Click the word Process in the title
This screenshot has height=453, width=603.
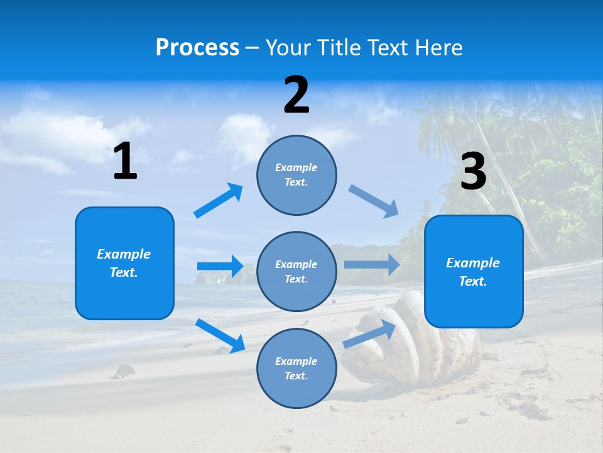pos(197,48)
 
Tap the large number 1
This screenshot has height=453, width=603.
pos(125,161)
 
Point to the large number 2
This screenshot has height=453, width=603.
pos(296,94)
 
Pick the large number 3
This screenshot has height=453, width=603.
pos(473,172)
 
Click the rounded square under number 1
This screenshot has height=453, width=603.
pos(124,263)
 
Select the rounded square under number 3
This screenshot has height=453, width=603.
pos(474,272)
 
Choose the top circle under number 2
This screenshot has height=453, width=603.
pos(296,175)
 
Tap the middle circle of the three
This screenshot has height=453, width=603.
pos(296,272)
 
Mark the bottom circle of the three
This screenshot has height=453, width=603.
pos(296,368)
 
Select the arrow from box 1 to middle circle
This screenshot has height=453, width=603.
pos(220,266)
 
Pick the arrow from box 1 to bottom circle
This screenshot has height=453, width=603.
pos(220,335)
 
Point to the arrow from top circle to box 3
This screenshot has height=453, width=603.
pos(374,201)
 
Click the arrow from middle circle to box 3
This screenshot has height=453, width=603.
pos(372,264)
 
